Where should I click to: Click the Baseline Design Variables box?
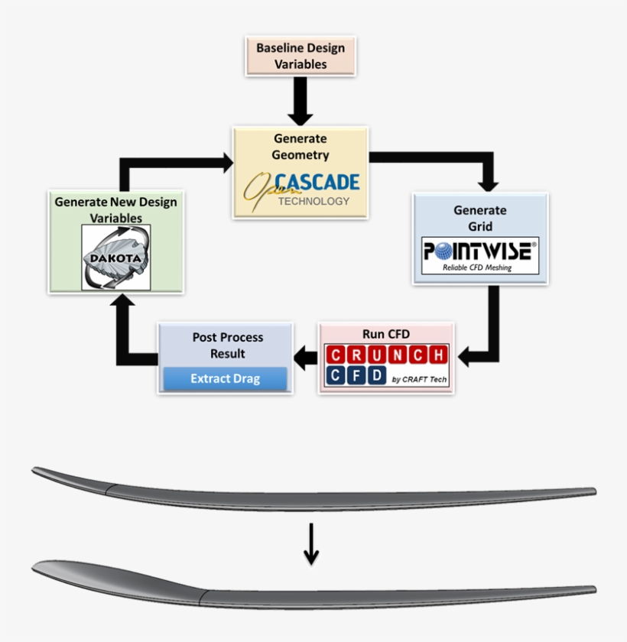click(x=301, y=56)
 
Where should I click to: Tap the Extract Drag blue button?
click(x=225, y=378)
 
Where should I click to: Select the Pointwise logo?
click(x=480, y=256)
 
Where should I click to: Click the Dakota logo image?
click(x=116, y=258)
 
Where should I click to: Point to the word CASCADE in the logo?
click(x=317, y=182)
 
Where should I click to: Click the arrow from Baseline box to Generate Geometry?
click(x=301, y=101)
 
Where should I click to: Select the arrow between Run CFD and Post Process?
click(x=306, y=357)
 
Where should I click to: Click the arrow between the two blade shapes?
click(x=310, y=543)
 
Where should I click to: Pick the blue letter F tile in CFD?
click(x=355, y=376)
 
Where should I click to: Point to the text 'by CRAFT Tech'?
click(x=419, y=380)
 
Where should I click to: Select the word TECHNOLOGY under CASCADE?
click(x=313, y=202)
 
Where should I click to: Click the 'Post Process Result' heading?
click(x=227, y=345)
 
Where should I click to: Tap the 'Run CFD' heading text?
click(x=386, y=334)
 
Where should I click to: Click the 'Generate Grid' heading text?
click(x=479, y=218)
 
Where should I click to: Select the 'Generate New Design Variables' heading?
click(x=115, y=210)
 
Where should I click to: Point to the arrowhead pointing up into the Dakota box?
click(x=124, y=302)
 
